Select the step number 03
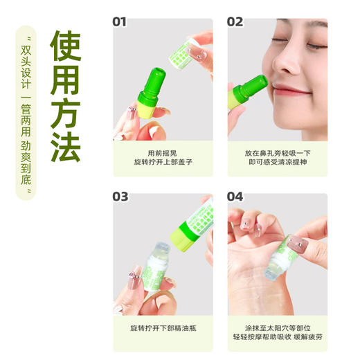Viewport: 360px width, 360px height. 120,197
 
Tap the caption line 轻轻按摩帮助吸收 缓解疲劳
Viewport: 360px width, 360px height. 278,339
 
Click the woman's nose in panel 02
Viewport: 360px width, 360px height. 285,68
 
